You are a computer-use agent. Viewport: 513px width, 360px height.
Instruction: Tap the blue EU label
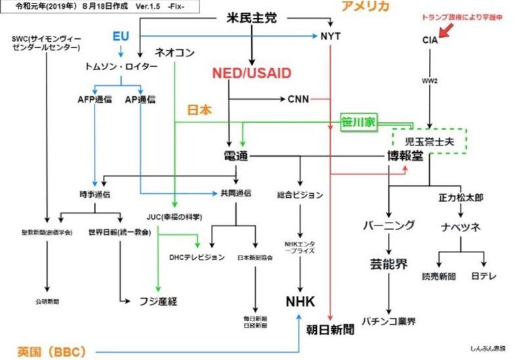click(121, 36)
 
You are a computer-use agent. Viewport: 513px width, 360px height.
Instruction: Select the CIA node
click(430, 40)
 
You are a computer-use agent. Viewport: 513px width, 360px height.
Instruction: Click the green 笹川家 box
click(359, 123)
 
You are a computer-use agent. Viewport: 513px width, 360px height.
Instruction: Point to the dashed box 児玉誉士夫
click(429, 141)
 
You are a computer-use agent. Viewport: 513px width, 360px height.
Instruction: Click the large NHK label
click(300, 302)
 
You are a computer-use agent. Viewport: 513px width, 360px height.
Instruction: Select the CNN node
click(299, 99)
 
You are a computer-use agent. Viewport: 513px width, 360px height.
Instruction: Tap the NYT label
click(330, 36)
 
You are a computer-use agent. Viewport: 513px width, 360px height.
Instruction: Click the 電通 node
click(236, 157)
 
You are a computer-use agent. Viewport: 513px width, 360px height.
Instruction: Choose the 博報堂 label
click(405, 156)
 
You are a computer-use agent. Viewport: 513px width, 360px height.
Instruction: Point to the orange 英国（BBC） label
click(52, 352)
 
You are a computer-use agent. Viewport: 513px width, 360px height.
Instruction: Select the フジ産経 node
click(158, 302)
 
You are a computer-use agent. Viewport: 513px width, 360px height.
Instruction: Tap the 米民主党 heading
click(251, 18)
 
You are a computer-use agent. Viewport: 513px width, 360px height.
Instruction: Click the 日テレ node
click(484, 276)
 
